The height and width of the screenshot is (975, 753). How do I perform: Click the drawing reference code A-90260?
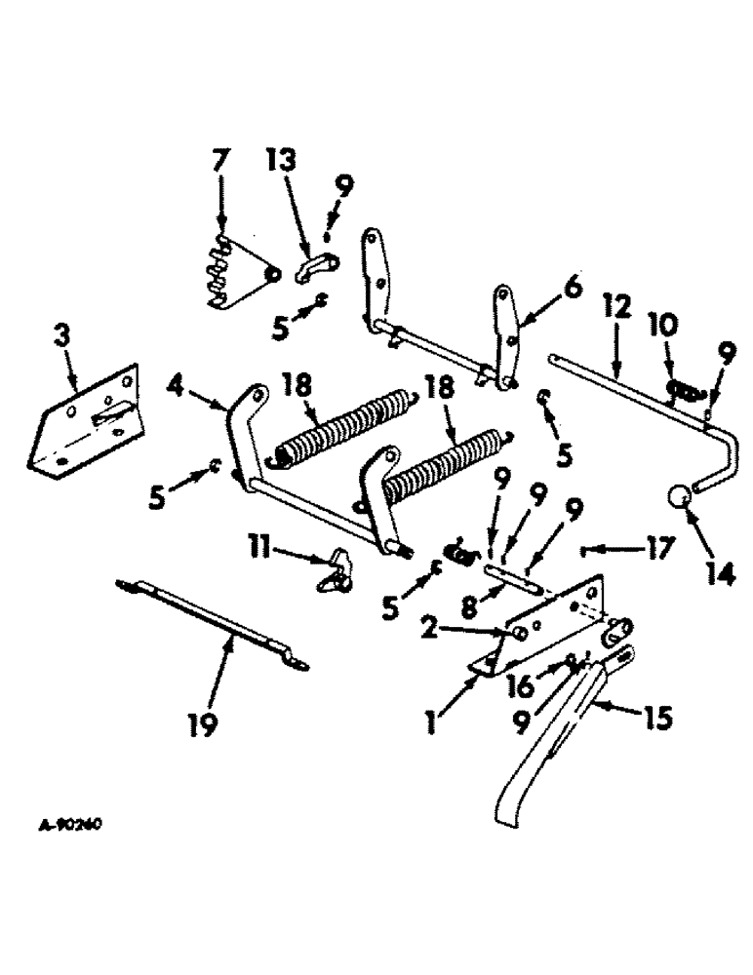tap(71, 824)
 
